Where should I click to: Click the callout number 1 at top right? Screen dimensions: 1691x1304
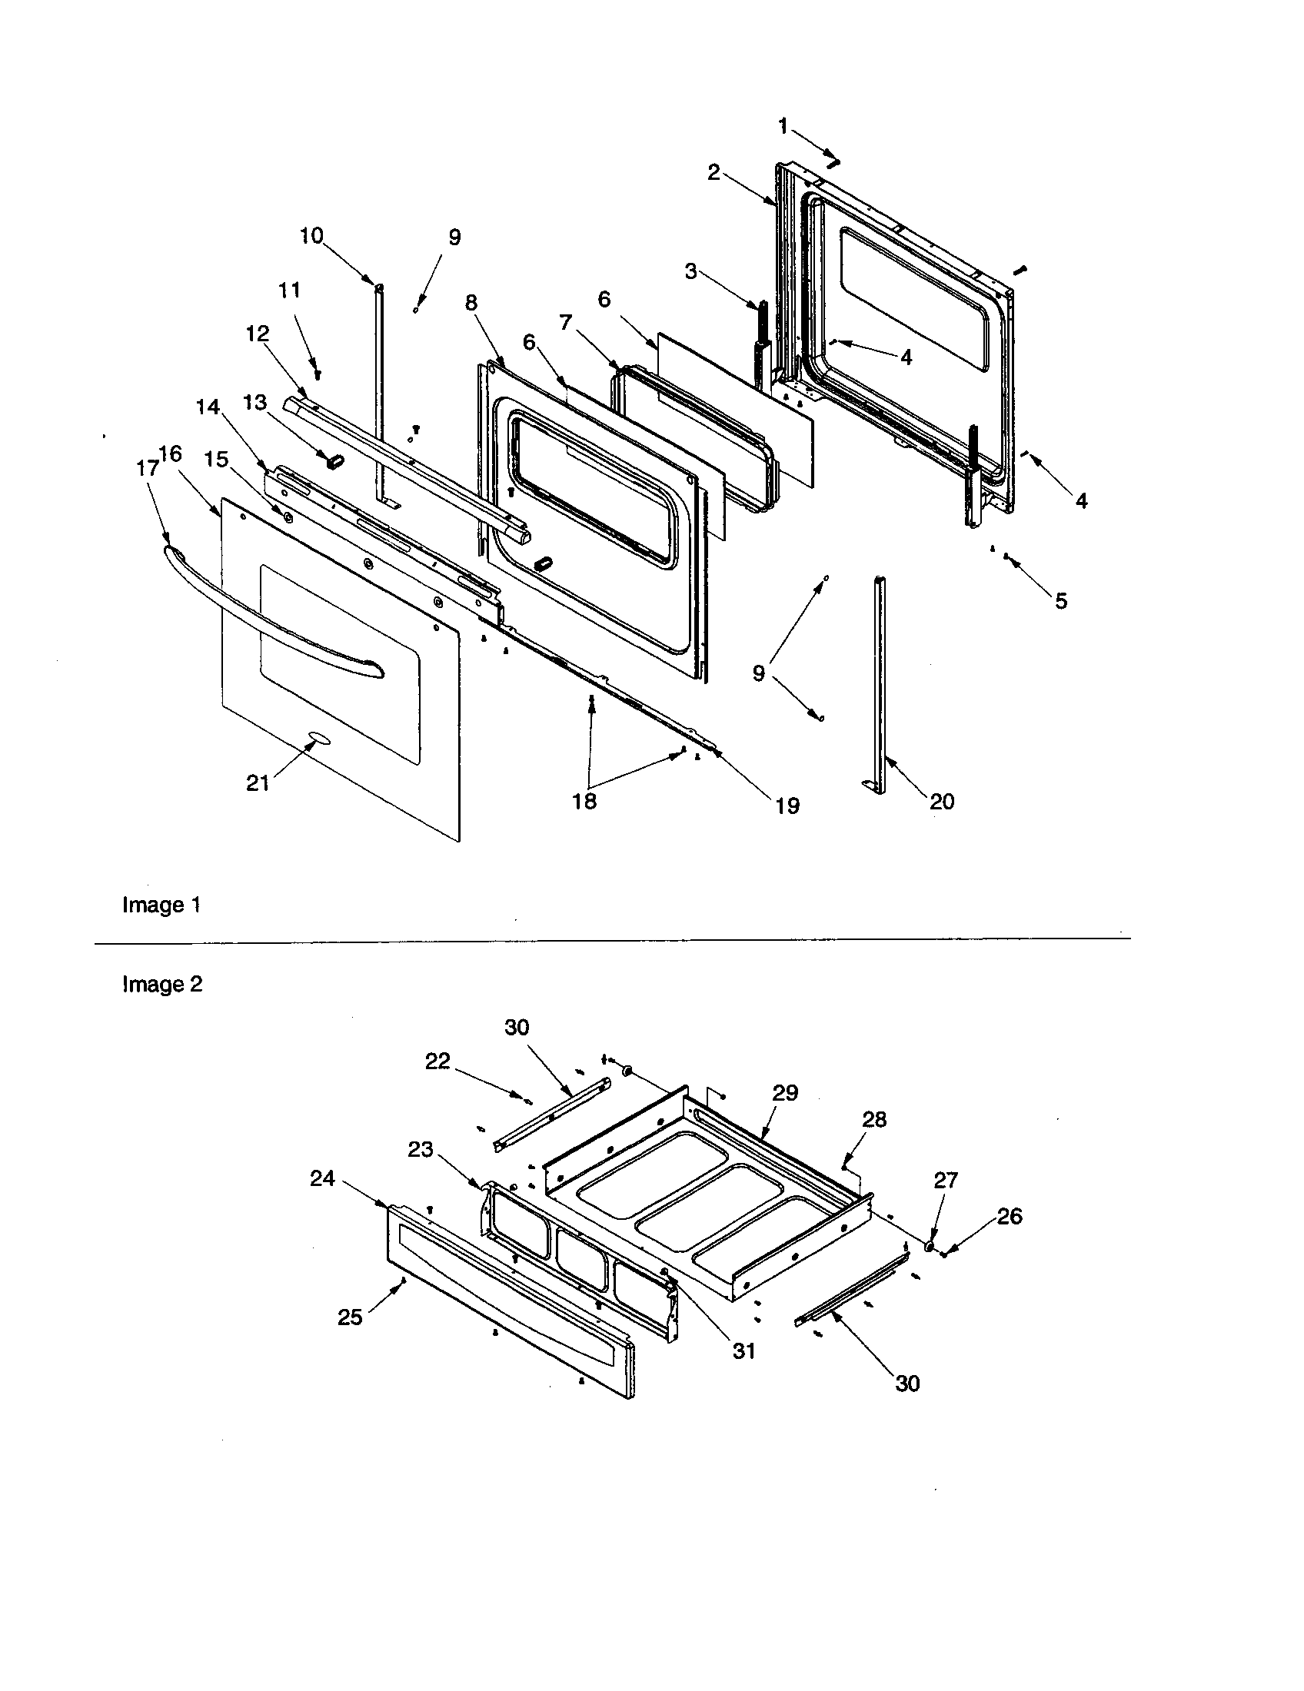click(783, 125)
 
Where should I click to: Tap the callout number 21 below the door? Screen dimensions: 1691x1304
click(258, 783)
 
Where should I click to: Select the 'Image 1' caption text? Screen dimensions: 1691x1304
click(161, 905)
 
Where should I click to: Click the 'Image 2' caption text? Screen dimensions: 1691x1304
click(162, 984)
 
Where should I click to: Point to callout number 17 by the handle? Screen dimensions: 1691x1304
click(146, 467)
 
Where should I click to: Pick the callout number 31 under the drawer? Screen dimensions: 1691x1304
click(743, 1350)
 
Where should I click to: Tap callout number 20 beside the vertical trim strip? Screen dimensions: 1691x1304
click(942, 802)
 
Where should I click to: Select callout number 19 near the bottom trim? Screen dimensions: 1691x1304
click(787, 806)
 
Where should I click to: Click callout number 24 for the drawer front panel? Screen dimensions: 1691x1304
click(322, 1178)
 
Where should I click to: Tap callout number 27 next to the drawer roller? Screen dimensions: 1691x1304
click(946, 1180)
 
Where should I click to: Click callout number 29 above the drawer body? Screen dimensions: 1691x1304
click(784, 1092)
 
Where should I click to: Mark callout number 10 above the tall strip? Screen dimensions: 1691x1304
click(311, 236)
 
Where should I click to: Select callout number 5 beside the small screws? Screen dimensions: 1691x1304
click(1061, 600)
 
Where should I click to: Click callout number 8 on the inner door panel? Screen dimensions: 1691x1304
click(471, 303)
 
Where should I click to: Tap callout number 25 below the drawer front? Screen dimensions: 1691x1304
click(350, 1317)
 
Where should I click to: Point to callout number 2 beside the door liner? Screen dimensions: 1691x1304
click(714, 172)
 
